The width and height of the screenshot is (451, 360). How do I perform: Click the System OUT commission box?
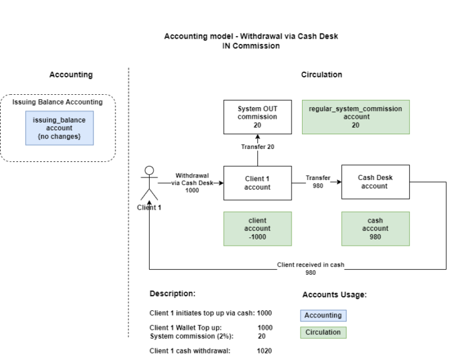pyautogui.click(x=257, y=117)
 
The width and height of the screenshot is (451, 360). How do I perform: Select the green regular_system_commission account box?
pyautogui.click(x=355, y=117)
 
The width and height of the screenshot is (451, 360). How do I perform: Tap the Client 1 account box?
pyautogui.click(x=257, y=183)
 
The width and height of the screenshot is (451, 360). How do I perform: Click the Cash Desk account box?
pyautogui.click(x=374, y=183)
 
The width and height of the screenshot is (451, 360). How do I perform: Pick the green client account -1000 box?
pyautogui.click(x=257, y=229)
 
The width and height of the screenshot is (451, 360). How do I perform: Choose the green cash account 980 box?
pyautogui.click(x=375, y=229)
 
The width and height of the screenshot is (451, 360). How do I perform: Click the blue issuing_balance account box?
pyautogui.click(x=59, y=128)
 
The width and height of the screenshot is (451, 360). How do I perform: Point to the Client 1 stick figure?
pyautogui.click(x=149, y=184)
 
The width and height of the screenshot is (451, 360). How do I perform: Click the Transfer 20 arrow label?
pyautogui.click(x=257, y=147)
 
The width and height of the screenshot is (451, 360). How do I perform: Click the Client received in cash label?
pyautogui.click(x=311, y=265)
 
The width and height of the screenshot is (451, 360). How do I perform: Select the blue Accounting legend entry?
pyautogui.click(x=323, y=315)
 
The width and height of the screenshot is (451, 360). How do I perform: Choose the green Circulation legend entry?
pyautogui.click(x=323, y=333)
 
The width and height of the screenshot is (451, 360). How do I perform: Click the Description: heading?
pyautogui.click(x=172, y=294)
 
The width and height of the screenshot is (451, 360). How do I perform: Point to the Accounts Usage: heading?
pyautogui.click(x=334, y=295)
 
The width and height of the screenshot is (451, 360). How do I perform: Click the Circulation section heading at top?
pyautogui.click(x=321, y=75)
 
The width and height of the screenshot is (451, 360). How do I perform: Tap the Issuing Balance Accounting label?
pyautogui.click(x=57, y=102)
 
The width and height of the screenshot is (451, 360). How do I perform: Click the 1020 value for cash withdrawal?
pyautogui.click(x=265, y=351)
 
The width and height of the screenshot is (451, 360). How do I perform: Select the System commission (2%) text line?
pyautogui.click(x=192, y=336)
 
